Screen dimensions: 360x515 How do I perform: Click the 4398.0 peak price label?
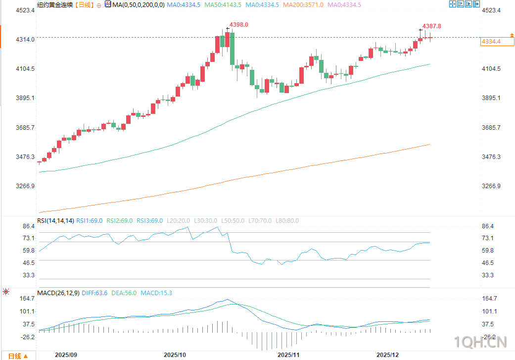239,25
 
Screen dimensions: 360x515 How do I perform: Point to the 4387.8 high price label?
431,26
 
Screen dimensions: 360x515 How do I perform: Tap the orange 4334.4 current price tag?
491,42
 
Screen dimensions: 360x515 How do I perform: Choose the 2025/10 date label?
175,355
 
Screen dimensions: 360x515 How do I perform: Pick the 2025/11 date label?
288,355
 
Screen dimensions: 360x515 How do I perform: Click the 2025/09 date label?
66,355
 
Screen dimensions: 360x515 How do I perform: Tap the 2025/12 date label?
387,355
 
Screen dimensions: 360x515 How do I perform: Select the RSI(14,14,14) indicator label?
55,221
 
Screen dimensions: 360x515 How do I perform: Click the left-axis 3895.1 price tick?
25,98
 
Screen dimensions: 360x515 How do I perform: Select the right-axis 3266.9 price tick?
491,186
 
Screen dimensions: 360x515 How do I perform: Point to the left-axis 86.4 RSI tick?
28,226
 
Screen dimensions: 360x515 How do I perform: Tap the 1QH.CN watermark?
481,342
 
